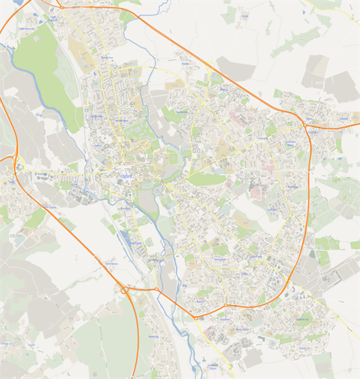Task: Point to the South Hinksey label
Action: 113,264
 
